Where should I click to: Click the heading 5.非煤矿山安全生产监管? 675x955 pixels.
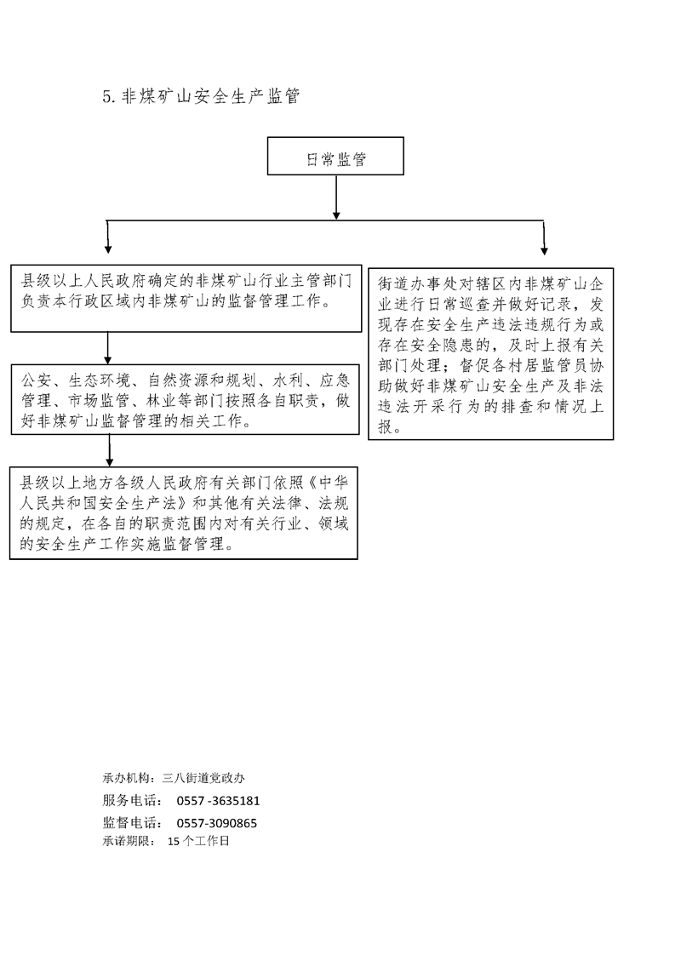tap(201, 96)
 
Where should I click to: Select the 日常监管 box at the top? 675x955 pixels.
tap(335, 156)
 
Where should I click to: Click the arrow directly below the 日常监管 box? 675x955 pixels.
tap(335, 197)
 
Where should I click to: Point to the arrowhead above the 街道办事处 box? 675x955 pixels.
tap(544, 251)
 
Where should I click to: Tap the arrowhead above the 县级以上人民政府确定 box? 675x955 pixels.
tap(108, 249)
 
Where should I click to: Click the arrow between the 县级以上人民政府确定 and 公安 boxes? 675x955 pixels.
tap(108, 348)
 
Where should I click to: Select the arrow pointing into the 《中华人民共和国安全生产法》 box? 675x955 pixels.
tap(109, 450)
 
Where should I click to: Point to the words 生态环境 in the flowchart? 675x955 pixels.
tap(100, 380)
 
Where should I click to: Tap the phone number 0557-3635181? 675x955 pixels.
tap(218, 801)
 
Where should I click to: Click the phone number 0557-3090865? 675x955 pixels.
tap(217, 823)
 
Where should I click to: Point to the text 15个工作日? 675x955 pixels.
tap(198, 841)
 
